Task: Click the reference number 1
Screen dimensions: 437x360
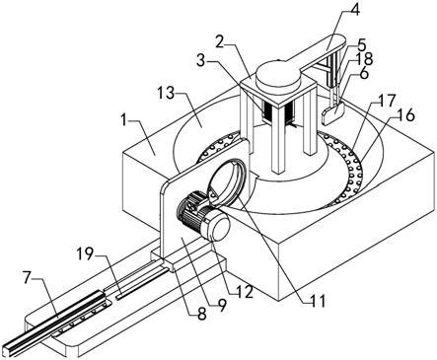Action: pyautogui.click(x=124, y=120)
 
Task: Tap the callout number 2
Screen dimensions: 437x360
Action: pyautogui.click(x=221, y=42)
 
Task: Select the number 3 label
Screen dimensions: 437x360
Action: pyautogui.click(x=202, y=60)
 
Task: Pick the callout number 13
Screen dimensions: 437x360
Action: pyautogui.click(x=166, y=95)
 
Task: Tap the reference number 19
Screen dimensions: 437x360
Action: pyautogui.click(x=86, y=254)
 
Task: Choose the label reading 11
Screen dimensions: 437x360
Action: pyautogui.click(x=318, y=300)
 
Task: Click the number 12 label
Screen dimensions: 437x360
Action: pyautogui.click(x=246, y=291)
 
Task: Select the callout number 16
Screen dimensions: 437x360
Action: pyautogui.click(x=406, y=114)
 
